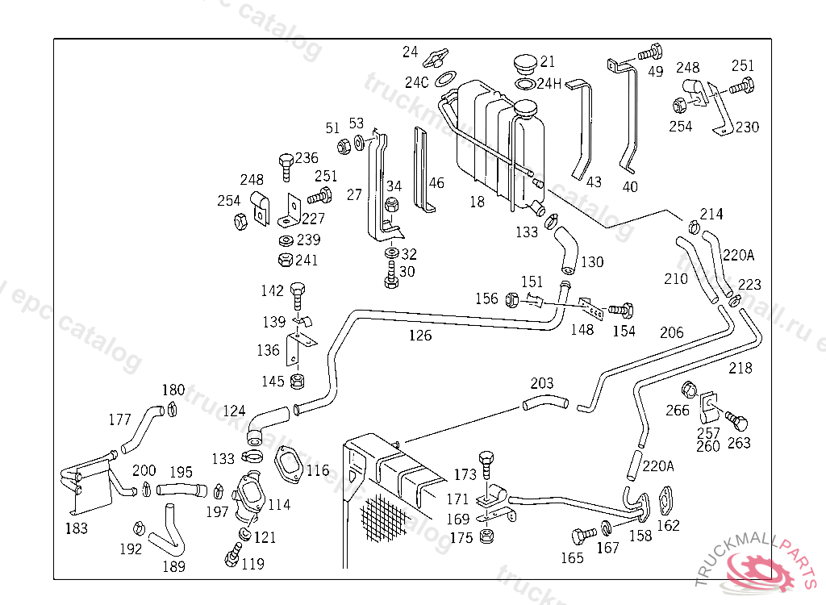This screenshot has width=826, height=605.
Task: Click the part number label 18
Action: pos(478,202)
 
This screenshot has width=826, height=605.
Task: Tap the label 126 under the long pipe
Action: pos(420,336)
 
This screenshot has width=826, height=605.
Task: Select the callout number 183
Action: pos(77,528)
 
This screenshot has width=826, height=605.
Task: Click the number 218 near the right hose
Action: pos(740,368)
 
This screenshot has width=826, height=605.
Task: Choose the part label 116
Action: pos(318,469)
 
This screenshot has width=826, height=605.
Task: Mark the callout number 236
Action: pos(307,158)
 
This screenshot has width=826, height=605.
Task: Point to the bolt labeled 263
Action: pos(735,420)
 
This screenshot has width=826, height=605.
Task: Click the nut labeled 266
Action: pos(690,390)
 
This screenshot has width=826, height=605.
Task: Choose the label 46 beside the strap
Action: pos(436,183)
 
